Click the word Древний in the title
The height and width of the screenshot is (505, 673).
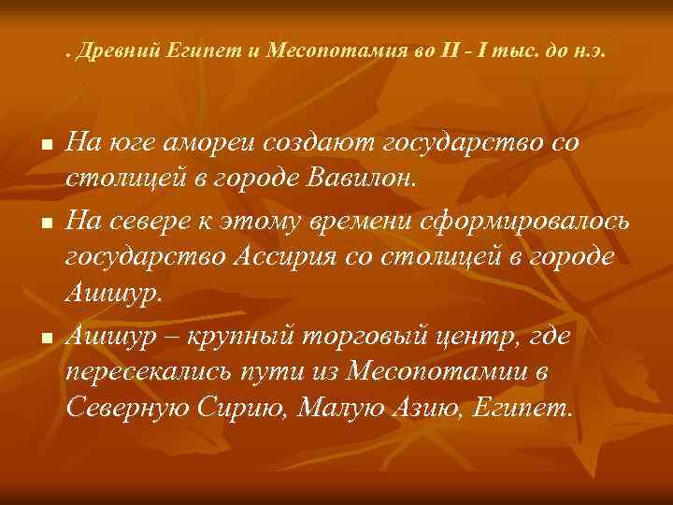115,53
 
